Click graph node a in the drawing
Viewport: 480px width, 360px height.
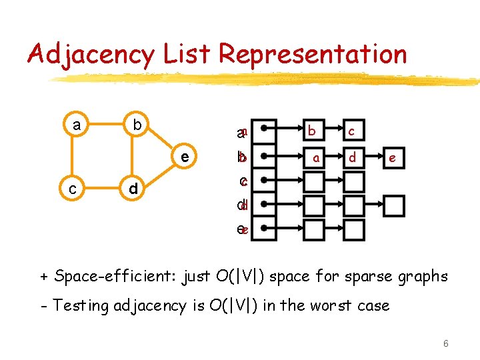tap(77, 125)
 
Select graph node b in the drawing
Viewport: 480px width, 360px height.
tap(136, 125)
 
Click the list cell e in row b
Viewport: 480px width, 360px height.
tap(393, 157)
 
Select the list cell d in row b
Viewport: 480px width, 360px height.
tap(353, 157)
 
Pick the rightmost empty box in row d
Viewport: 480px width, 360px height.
tap(394, 206)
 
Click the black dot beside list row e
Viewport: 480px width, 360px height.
tap(265, 229)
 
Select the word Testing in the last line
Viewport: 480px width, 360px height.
tap(83, 305)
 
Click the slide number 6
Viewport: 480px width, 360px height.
tap(445, 343)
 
